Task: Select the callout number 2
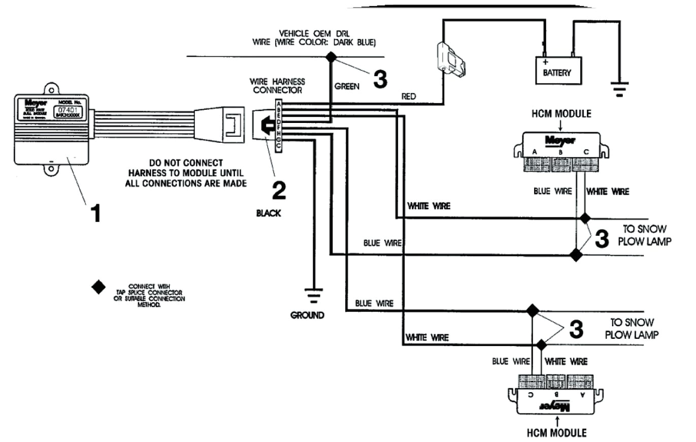(x=278, y=191)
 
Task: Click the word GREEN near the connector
(x=347, y=87)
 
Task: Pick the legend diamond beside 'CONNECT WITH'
(x=98, y=287)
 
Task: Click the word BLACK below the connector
(x=269, y=214)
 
